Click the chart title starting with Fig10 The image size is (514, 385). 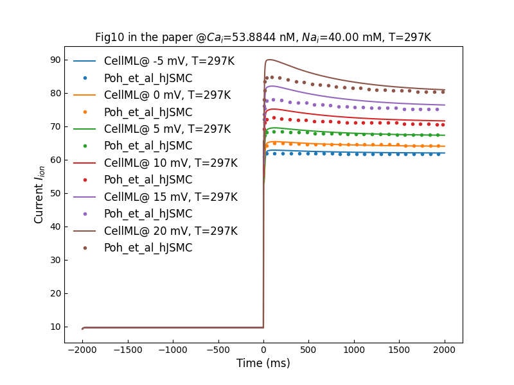click(263, 37)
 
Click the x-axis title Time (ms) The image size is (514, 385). click(263, 363)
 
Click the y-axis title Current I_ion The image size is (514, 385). click(40, 194)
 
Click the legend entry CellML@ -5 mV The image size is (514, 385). click(169, 62)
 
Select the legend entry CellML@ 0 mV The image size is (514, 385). click(167, 95)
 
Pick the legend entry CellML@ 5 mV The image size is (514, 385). click(167, 129)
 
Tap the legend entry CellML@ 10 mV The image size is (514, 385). click(170, 163)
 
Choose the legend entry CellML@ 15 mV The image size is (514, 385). click(170, 197)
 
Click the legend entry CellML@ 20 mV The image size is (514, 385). click(170, 231)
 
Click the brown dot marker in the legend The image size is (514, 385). click(85, 248)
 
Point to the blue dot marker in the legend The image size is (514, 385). click(85, 78)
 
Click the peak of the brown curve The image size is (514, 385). click(270, 60)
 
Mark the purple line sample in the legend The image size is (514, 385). click(85, 197)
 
